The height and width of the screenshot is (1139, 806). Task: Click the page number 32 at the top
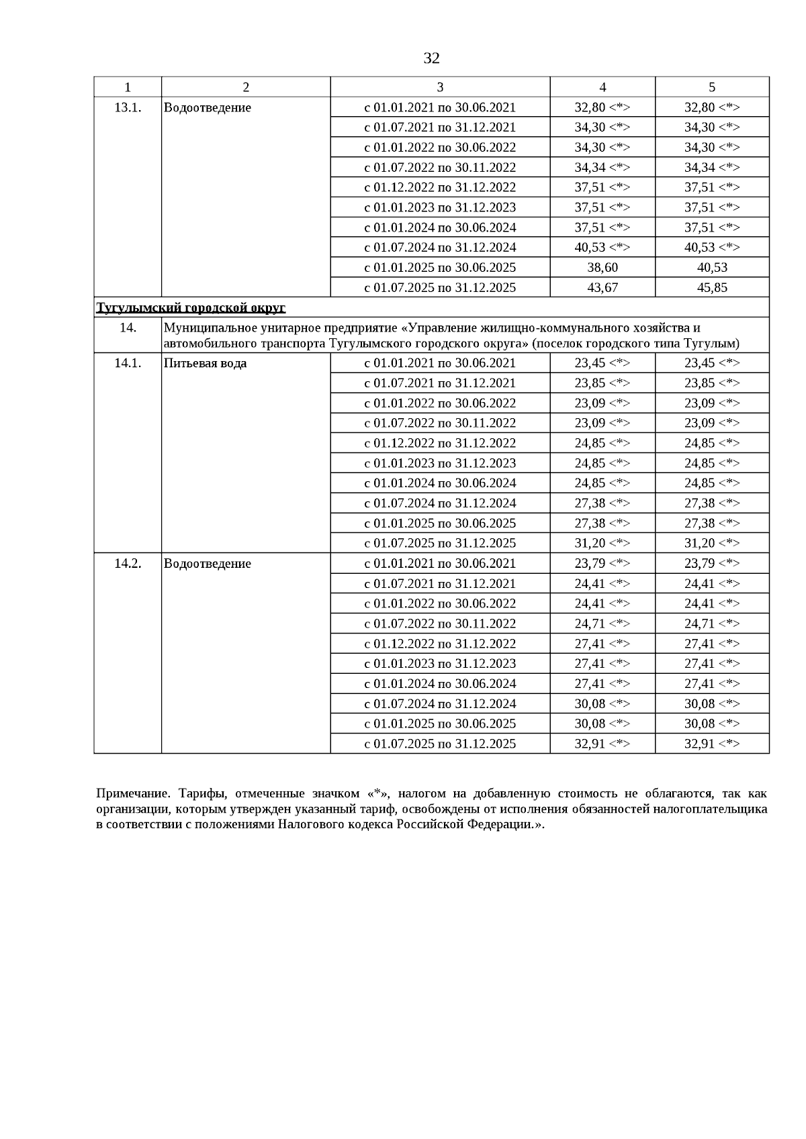click(x=431, y=58)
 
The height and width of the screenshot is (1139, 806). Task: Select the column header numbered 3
click(x=440, y=87)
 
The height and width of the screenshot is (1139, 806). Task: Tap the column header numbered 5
click(x=712, y=87)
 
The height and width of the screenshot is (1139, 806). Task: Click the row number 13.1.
click(x=128, y=107)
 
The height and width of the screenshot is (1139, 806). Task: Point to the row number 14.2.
click(x=128, y=563)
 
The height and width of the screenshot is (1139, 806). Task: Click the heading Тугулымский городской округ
click(x=191, y=307)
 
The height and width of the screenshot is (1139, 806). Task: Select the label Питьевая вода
click(x=205, y=363)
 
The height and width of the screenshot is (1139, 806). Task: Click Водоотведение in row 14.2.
click(x=208, y=563)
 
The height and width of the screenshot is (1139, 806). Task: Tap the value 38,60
click(x=602, y=267)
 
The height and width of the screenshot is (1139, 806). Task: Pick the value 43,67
click(x=602, y=287)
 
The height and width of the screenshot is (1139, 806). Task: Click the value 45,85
click(x=712, y=287)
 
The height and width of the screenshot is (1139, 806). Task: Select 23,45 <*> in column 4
click(x=602, y=363)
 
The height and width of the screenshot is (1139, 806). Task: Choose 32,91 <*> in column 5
click(x=712, y=744)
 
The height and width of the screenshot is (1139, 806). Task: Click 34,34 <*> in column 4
click(x=602, y=167)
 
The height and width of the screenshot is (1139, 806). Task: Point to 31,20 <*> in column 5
click(x=712, y=543)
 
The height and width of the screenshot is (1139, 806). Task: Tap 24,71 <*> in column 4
click(x=602, y=624)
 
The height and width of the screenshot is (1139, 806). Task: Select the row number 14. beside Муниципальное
click(x=128, y=328)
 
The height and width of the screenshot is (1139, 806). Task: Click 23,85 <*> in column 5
click(x=712, y=383)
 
